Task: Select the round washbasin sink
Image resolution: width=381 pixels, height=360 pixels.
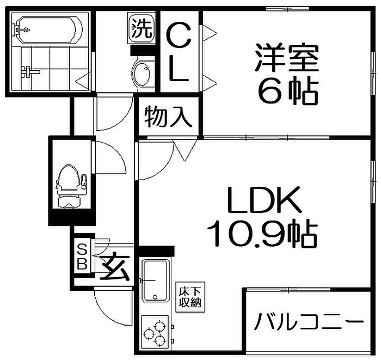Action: point(142,73)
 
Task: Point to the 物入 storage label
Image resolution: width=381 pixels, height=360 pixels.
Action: point(168,117)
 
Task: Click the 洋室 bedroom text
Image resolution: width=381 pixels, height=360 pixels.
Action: point(287,58)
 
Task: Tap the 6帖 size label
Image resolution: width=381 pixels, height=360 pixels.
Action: point(288,90)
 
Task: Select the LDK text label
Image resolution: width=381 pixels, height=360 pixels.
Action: point(264,200)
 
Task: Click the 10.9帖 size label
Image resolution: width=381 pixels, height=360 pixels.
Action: point(262,233)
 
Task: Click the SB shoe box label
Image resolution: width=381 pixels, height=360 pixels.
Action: point(82,257)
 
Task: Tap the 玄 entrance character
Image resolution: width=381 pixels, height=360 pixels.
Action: point(114,266)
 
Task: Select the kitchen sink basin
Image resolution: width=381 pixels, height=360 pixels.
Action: point(156,280)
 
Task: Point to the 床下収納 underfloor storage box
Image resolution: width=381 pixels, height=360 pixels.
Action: point(190,297)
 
